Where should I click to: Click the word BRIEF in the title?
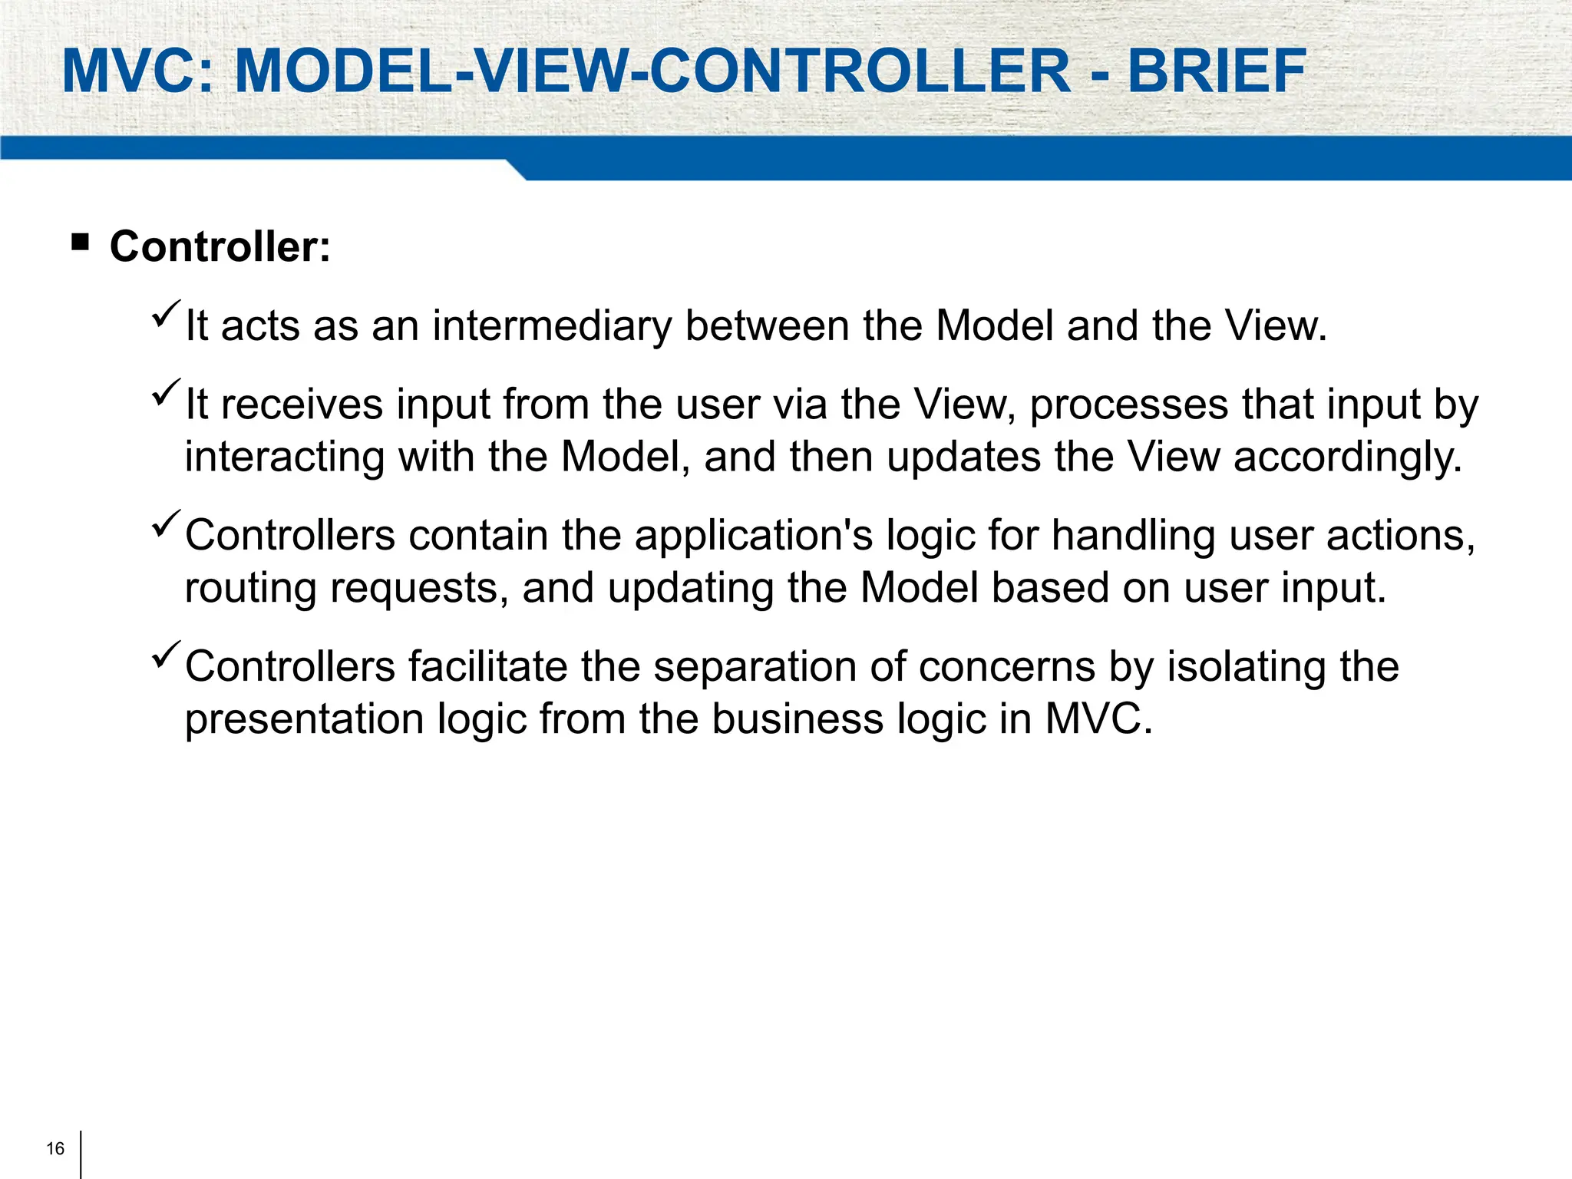pos(1217,71)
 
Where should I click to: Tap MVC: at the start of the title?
pos(137,71)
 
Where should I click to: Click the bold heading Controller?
pos(220,246)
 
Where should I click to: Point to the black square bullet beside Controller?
pos(80,243)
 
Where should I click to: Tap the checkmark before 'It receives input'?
pos(166,393)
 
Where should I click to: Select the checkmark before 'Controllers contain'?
pos(166,524)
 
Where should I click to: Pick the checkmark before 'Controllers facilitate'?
pos(166,655)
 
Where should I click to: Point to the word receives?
pos(302,405)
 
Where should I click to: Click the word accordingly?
pos(1348,457)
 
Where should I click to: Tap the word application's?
pos(754,535)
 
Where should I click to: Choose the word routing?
pos(251,589)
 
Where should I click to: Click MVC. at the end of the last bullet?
pos(1098,719)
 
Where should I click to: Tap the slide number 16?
pos(55,1148)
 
